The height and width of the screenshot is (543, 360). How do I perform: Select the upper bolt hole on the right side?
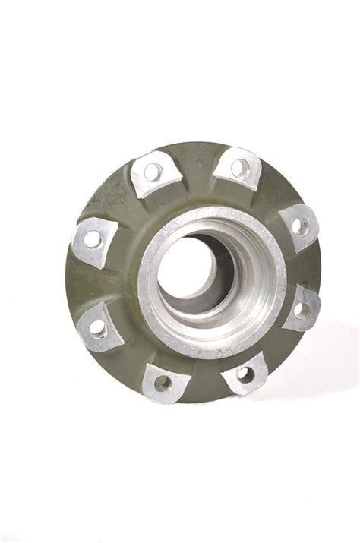301,226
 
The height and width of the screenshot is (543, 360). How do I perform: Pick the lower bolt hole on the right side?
300,309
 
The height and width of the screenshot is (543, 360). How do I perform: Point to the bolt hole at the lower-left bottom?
161,382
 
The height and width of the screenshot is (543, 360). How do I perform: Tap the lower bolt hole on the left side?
98,328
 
